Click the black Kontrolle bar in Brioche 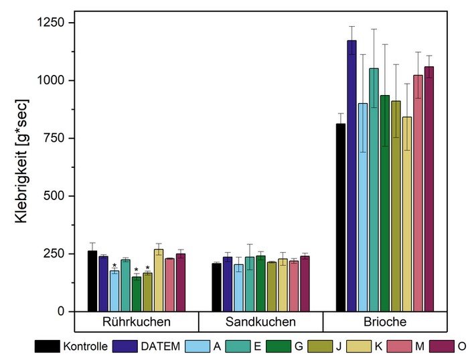(341, 217)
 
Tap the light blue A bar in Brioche (363, 207)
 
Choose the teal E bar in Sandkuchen (250, 284)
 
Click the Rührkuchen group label (137, 322)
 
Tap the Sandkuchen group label (260, 322)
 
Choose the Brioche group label (385, 322)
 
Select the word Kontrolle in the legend (85, 347)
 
